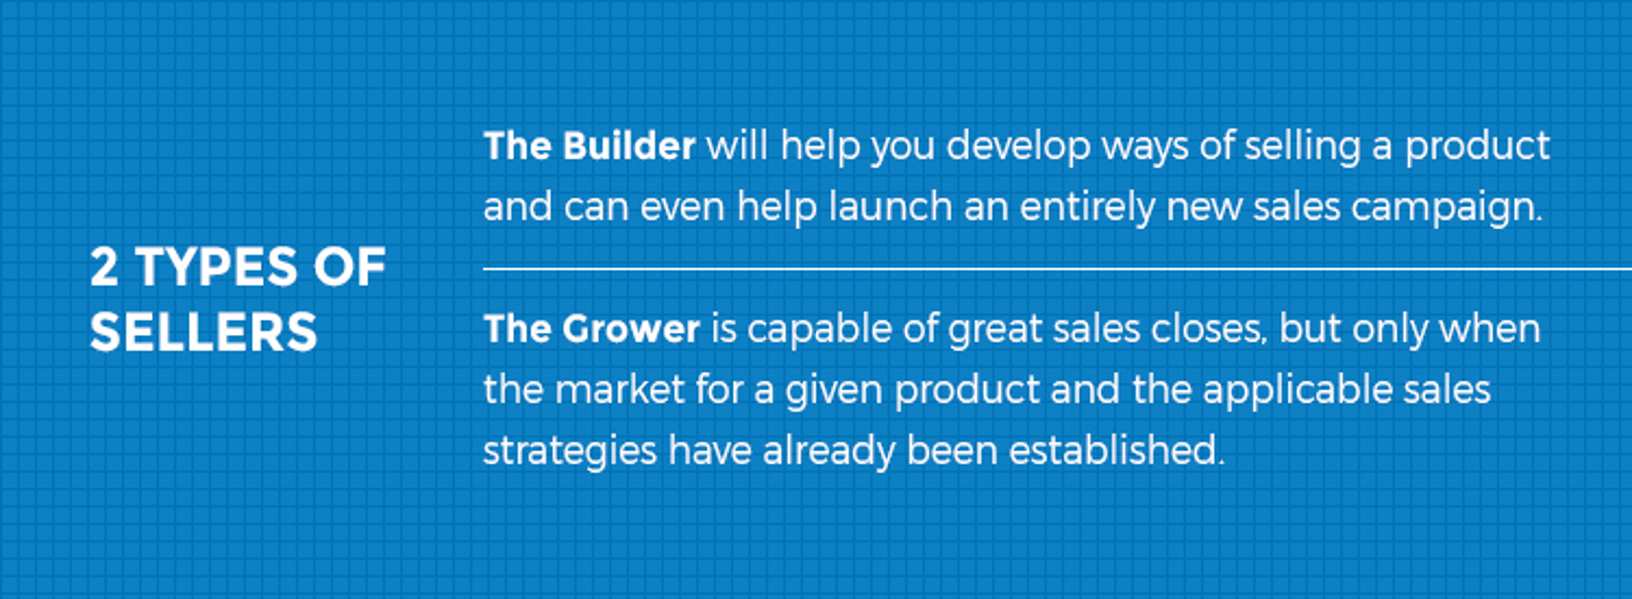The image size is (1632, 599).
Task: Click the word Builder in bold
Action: [628, 146]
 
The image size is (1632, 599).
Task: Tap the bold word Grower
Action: [630, 329]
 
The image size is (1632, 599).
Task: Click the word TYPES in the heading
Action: [217, 267]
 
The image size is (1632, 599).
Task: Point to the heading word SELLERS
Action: [203, 332]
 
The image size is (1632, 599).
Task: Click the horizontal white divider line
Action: [1058, 270]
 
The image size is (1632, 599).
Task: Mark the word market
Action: [620, 389]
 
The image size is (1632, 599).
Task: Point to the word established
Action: [1117, 451]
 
